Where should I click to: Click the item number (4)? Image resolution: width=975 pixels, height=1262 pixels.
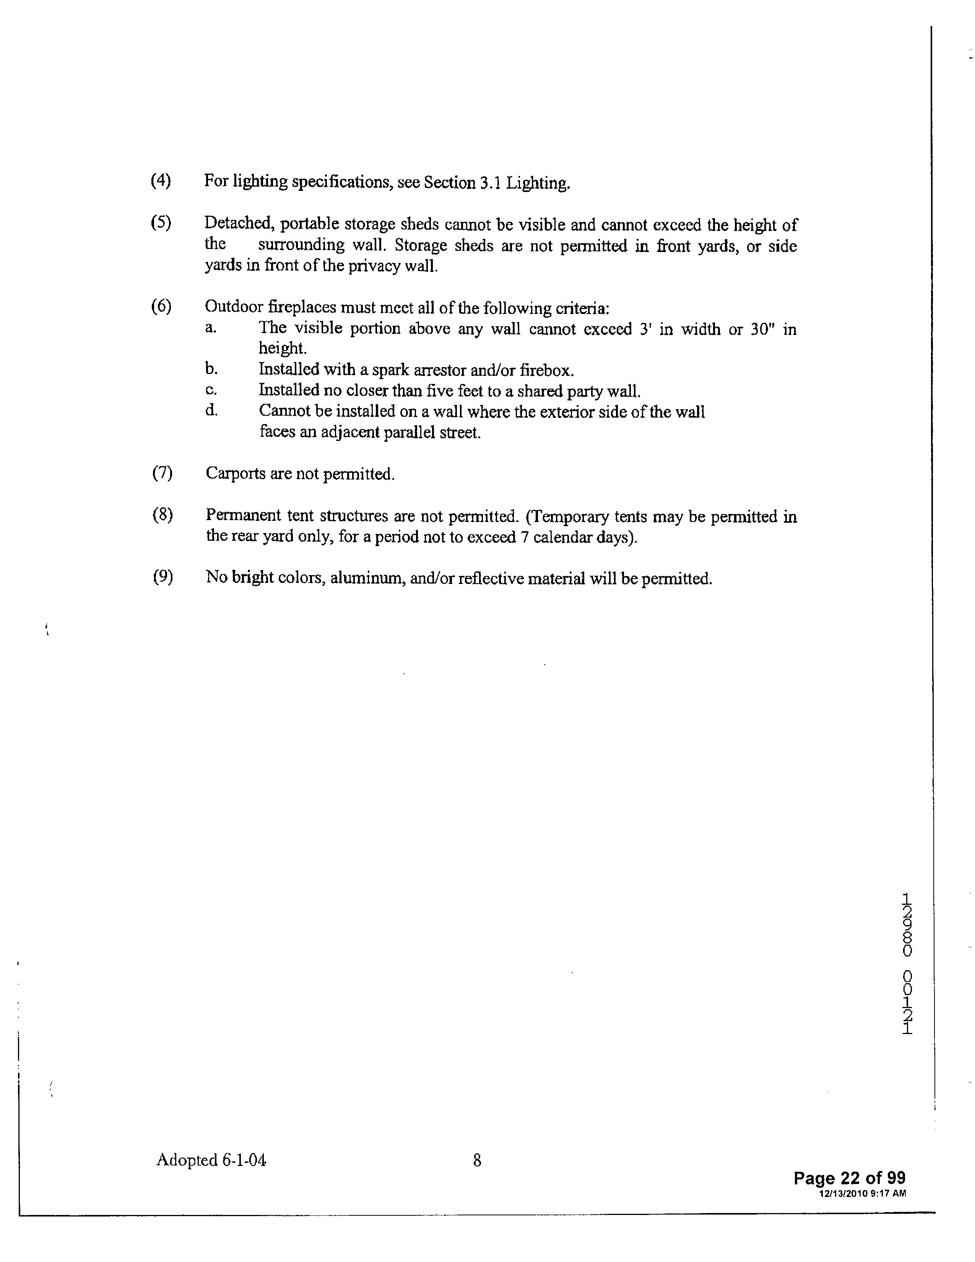(x=161, y=181)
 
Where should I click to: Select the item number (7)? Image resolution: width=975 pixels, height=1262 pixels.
(x=162, y=473)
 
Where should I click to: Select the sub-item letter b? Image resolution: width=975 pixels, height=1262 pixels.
(x=211, y=369)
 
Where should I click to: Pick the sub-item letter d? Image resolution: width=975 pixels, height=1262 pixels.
(x=211, y=410)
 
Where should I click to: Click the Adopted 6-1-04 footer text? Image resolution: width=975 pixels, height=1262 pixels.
(x=211, y=1159)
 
